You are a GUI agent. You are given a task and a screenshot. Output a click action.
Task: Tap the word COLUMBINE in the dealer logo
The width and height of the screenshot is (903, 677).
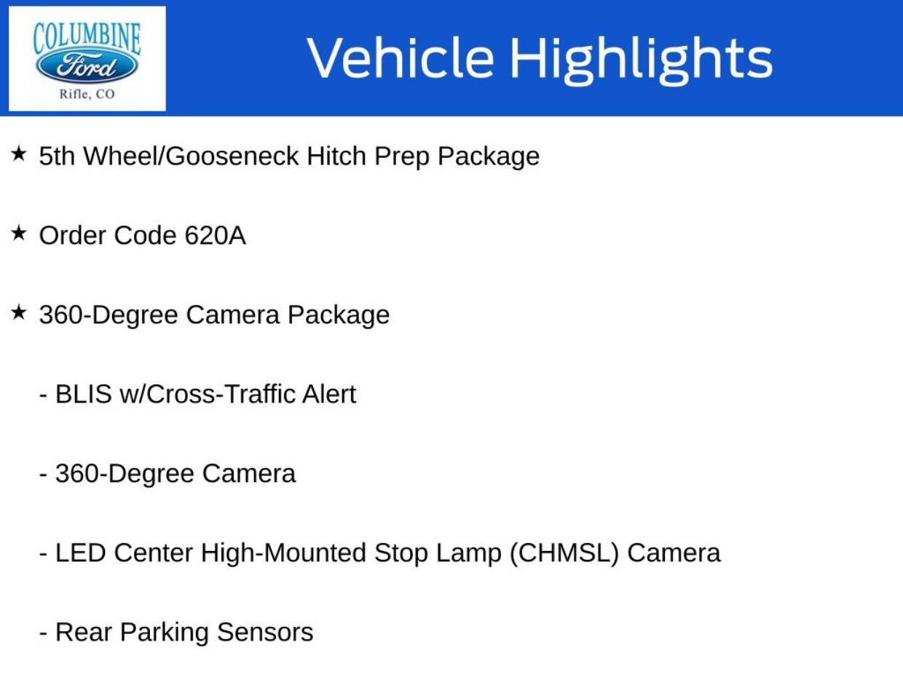pyautogui.click(x=87, y=39)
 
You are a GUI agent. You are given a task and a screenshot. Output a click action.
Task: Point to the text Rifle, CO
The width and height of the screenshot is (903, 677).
pyautogui.click(x=87, y=94)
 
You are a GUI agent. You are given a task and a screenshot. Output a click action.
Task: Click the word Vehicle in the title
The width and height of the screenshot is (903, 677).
pyautogui.click(x=401, y=58)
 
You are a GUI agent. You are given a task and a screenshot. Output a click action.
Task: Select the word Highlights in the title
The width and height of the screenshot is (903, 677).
pyautogui.click(x=642, y=60)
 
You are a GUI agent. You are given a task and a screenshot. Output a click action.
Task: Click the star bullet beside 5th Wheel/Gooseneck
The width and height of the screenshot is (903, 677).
pyautogui.click(x=19, y=154)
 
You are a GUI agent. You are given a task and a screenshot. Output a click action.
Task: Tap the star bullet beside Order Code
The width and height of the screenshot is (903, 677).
pyautogui.click(x=19, y=233)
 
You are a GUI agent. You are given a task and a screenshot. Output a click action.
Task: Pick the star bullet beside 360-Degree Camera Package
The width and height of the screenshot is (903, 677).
pyautogui.click(x=19, y=312)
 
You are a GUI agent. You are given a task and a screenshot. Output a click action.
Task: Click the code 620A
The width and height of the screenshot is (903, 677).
pyautogui.click(x=215, y=236)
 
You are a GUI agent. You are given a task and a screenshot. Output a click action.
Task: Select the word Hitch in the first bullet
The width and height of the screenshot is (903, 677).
pyautogui.click(x=336, y=157)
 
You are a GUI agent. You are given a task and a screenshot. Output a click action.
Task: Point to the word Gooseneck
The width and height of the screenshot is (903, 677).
pyautogui.click(x=232, y=157)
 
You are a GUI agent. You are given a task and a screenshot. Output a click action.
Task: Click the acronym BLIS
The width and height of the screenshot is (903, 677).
pyautogui.click(x=84, y=394)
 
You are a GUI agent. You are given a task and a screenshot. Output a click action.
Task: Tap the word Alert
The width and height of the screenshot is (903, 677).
pyautogui.click(x=329, y=394)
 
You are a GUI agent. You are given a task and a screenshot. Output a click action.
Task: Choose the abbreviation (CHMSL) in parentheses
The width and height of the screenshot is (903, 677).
pyautogui.click(x=564, y=553)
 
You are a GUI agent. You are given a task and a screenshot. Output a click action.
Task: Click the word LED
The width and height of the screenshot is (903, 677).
pyautogui.click(x=81, y=553)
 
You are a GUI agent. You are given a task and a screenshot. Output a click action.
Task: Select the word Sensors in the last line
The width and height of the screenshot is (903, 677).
pyautogui.click(x=265, y=632)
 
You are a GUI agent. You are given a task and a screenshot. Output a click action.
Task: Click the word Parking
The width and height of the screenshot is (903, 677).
pyautogui.click(x=164, y=633)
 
